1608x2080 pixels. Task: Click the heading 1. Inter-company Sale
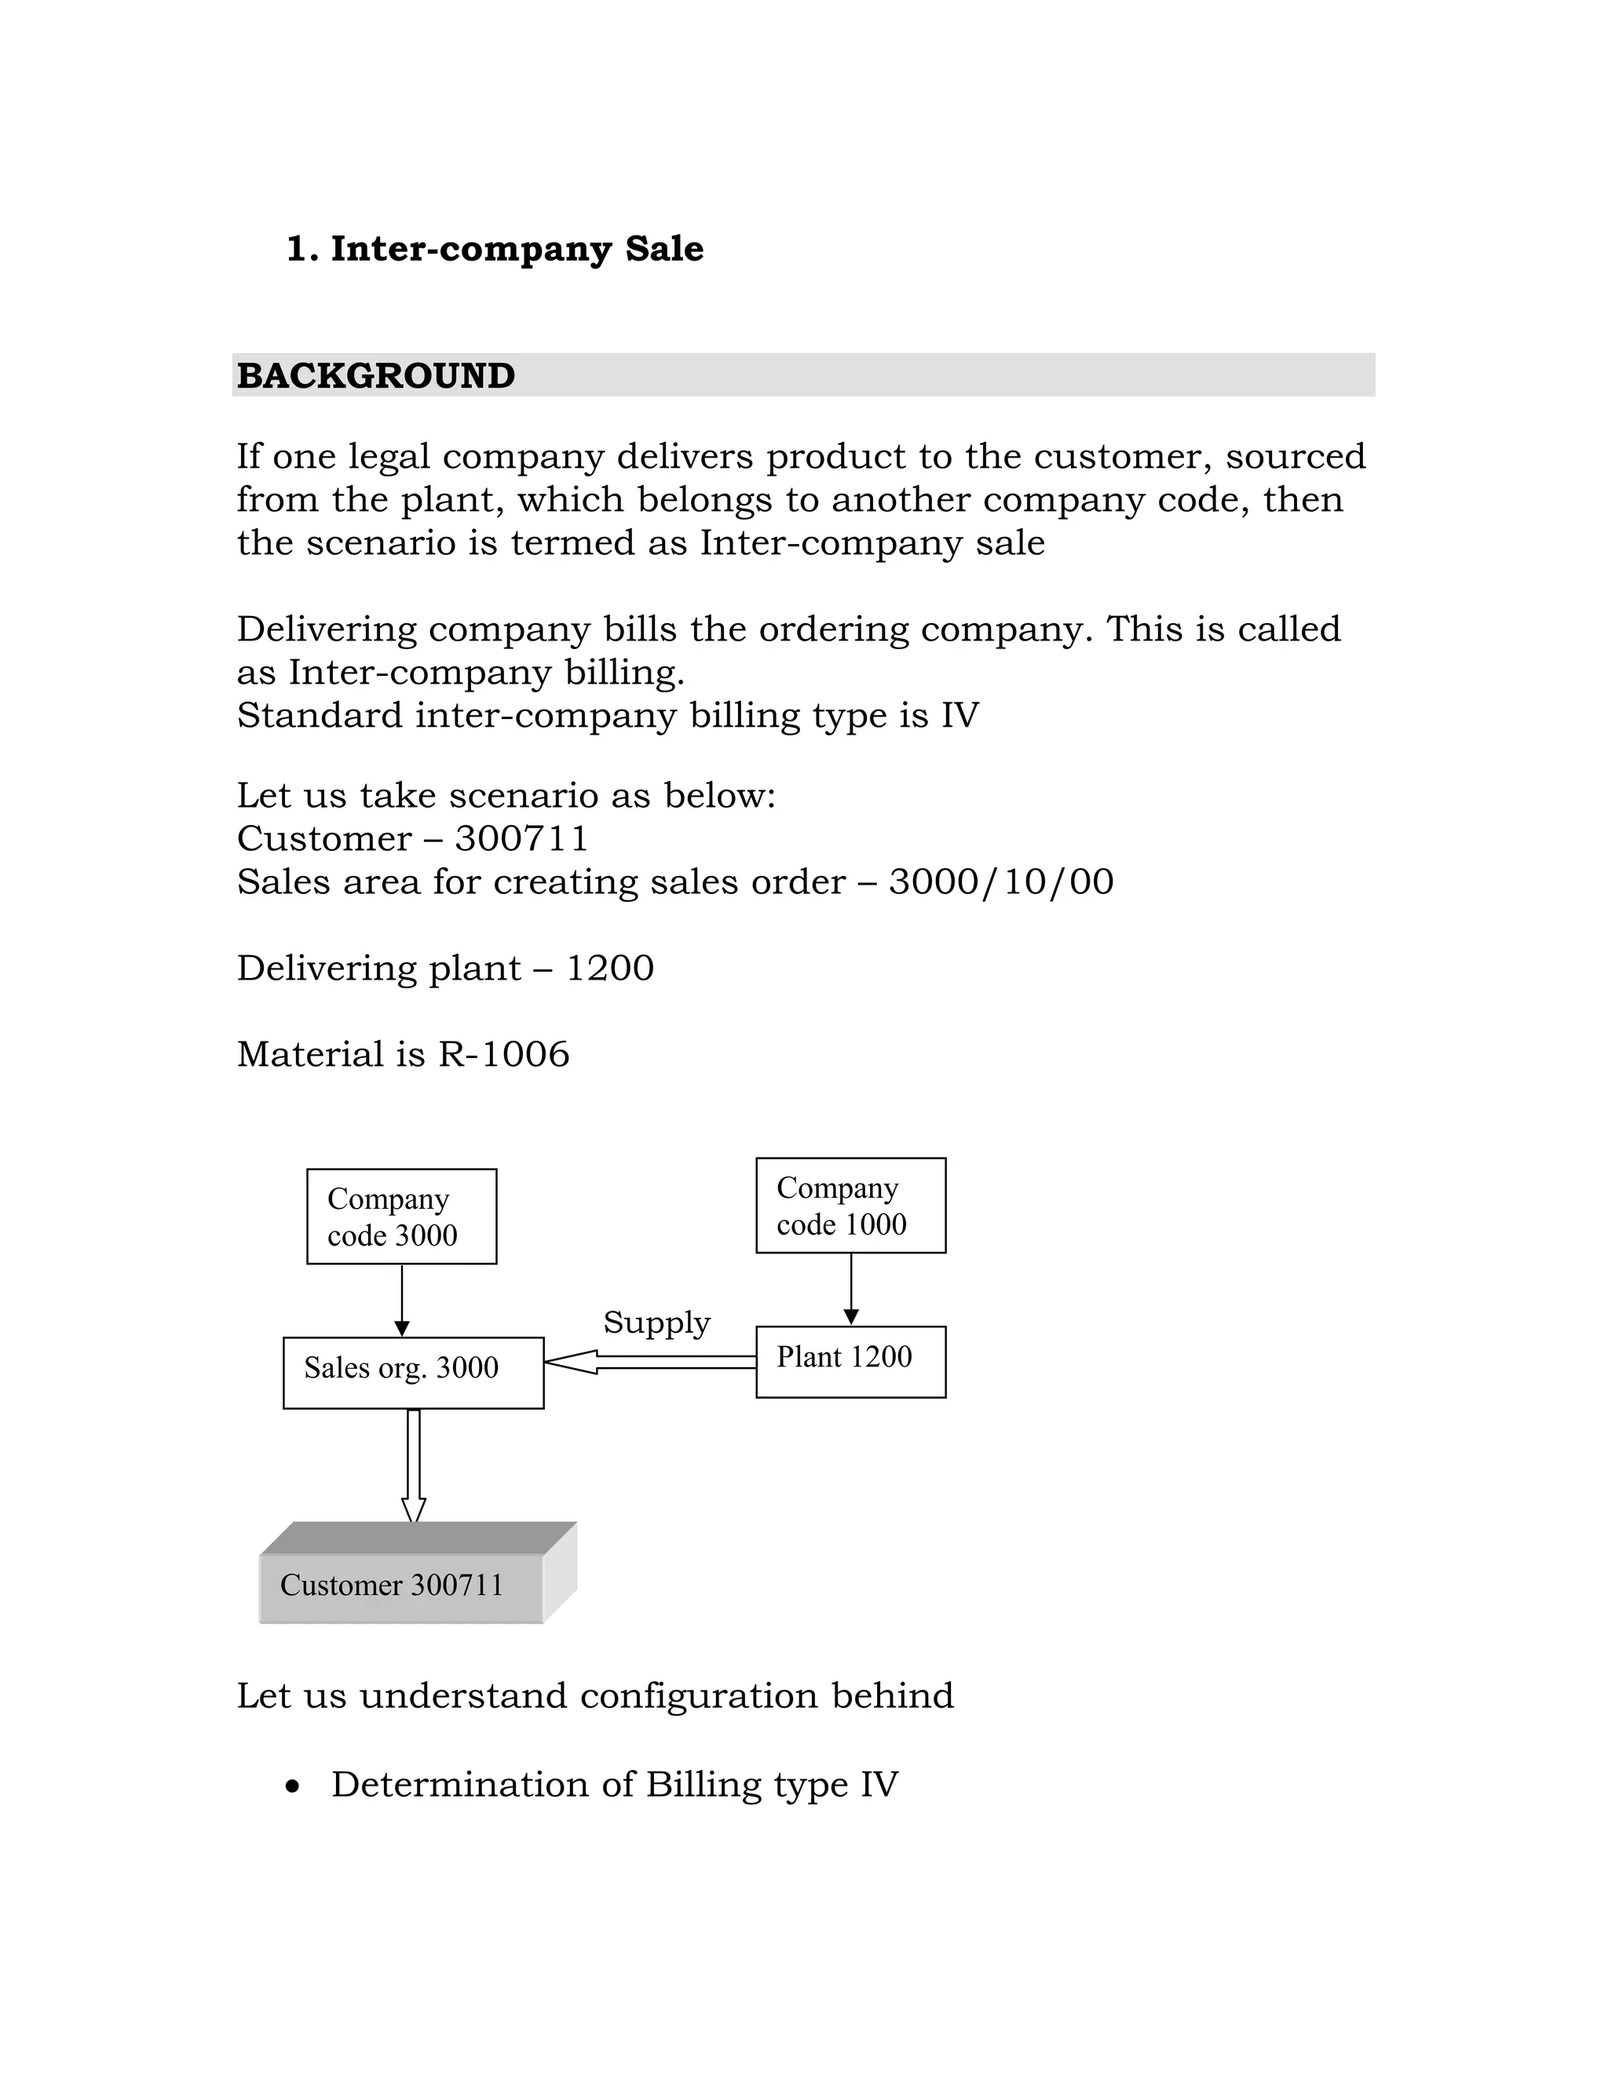click(x=495, y=250)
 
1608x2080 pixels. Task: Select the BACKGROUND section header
click(x=375, y=375)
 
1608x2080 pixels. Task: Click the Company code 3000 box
click(x=401, y=1216)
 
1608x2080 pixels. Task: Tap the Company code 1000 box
click(x=850, y=1205)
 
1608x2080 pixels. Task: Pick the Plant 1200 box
click(x=850, y=1361)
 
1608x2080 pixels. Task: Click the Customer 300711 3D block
click(x=401, y=1586)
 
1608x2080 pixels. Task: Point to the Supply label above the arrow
click(x=656, y=1323)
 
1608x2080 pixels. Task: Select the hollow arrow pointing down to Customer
click(x=414, y=1468)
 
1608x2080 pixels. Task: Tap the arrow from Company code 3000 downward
click(x=402, y=1301)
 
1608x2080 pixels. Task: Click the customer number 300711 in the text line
click(x=521, y=839)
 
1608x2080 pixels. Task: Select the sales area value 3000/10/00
click(x=1000, y=882)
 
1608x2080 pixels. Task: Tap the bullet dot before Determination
click(x=292, y=1787)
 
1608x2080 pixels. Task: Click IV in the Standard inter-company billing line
click(x=959, y=715)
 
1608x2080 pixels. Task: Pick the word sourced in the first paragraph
click(x=1296, y=456)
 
